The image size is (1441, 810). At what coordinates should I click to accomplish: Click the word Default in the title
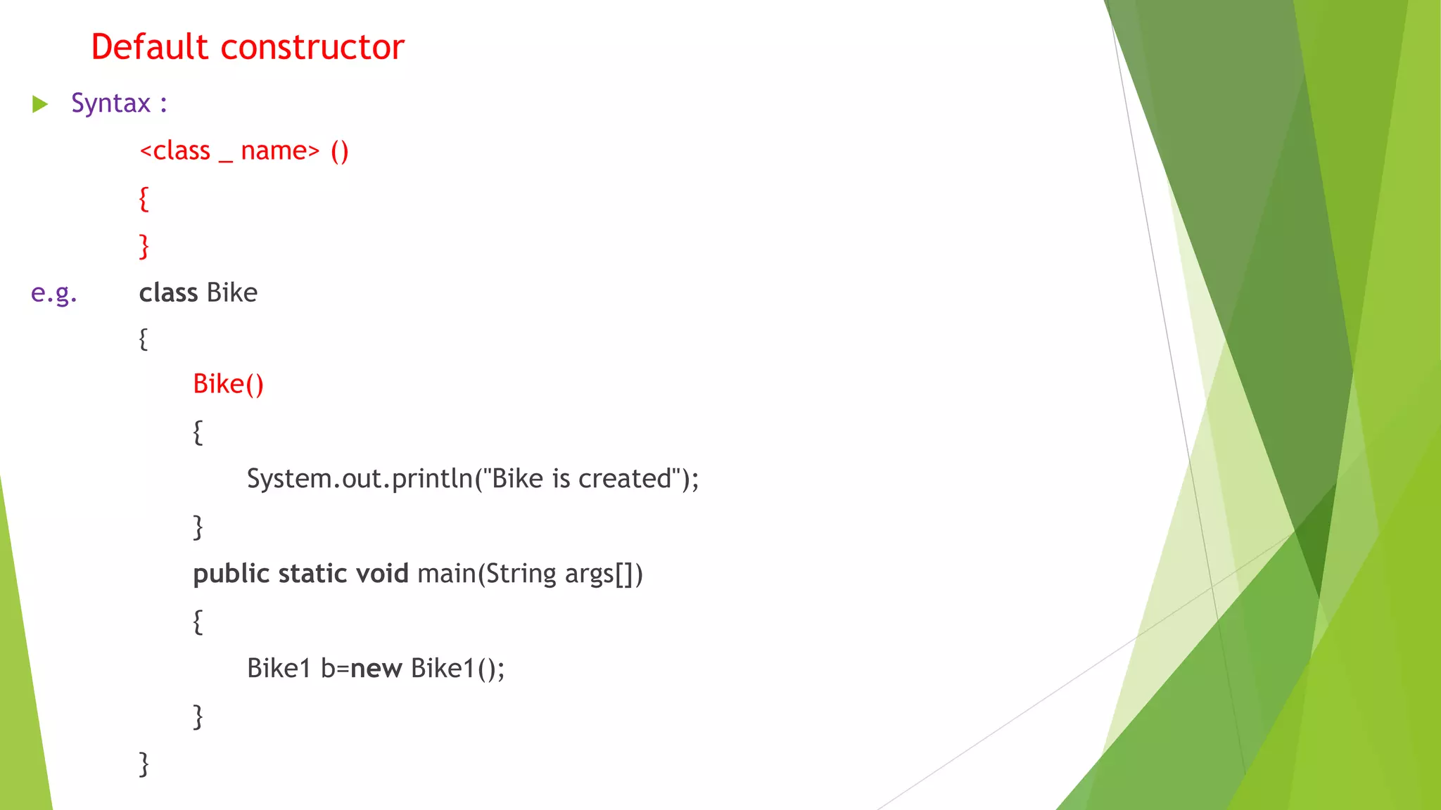(150, 47)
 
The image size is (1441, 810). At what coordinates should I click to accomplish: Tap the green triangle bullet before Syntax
(40, 105)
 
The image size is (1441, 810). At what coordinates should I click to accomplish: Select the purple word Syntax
(110, 103)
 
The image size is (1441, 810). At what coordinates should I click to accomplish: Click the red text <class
(174, 150)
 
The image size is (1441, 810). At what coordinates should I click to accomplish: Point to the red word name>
(280, 150)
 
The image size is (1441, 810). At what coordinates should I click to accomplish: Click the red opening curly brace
(144, 199)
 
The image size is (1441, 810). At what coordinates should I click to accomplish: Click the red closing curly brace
(144, 246)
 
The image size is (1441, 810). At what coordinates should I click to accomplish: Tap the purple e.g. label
(53, 292)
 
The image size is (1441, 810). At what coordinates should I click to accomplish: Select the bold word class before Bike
(168, 292)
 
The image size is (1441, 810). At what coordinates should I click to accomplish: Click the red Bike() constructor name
(228, 385)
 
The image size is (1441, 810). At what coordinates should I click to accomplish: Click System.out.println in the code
(360, 479)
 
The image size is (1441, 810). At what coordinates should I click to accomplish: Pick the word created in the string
(625, 479)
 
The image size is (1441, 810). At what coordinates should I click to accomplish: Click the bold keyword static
(312, 574)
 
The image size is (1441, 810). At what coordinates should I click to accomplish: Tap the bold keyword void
(382, 574)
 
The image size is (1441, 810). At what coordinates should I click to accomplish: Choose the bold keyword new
(376, 668)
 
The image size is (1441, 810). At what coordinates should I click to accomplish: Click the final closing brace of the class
(144, 764)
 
